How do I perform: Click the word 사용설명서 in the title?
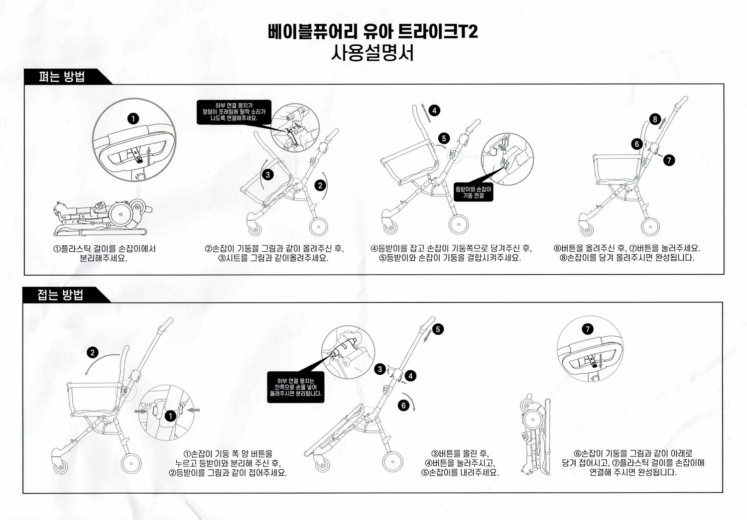373,53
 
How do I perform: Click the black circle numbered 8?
655,119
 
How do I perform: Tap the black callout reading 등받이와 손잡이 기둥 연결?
473,193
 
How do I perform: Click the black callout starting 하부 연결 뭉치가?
234,112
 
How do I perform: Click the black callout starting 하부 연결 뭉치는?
295,387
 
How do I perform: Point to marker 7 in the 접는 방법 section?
588,329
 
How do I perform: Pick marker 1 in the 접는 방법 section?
170,416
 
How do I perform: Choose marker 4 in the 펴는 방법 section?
434,110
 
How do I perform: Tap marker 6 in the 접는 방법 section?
403,405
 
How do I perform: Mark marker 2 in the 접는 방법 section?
92,352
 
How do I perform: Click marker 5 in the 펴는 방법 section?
444,138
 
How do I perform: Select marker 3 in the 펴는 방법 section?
268,174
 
